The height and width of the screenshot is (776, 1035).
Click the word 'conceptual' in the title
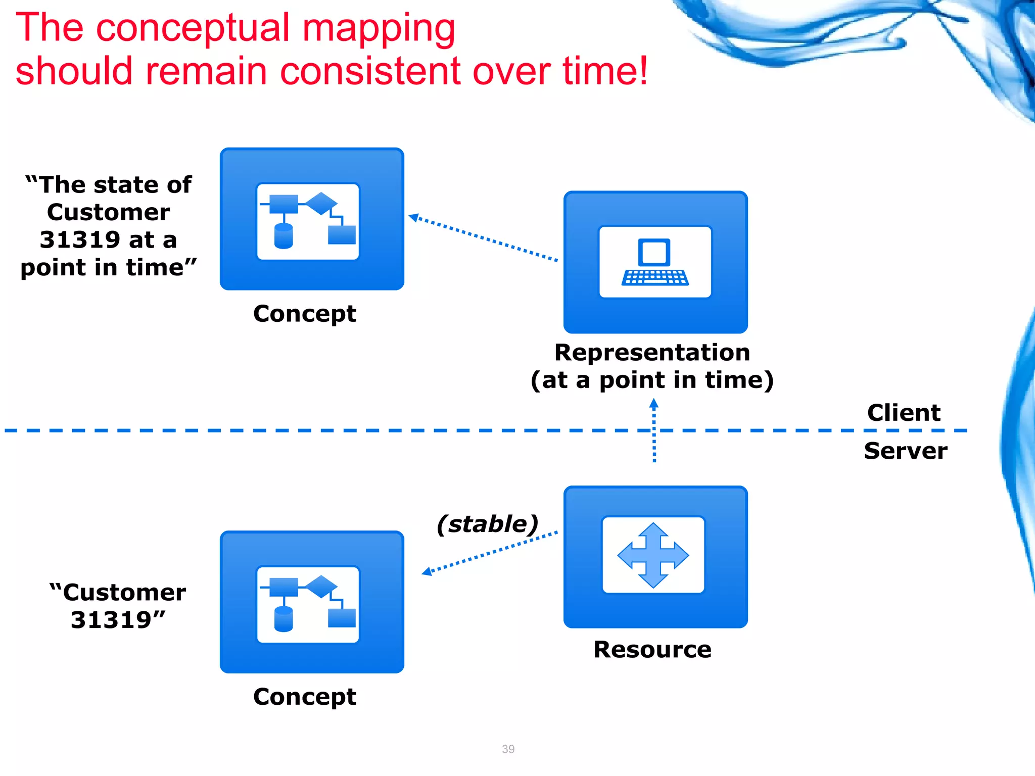[192, 29]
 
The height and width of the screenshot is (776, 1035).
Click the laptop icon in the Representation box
[655, 262]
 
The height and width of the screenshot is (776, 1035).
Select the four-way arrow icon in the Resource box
[653, 555]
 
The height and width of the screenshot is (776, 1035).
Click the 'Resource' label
[652, 649]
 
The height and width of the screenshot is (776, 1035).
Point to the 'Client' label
[904, 413]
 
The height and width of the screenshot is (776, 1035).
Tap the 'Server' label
[906, 451]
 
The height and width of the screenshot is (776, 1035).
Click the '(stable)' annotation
[488, 524]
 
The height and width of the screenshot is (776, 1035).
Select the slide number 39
[508, 749]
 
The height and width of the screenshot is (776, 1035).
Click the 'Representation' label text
[652, 352]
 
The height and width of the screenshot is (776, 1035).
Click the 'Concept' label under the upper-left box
[305, 314]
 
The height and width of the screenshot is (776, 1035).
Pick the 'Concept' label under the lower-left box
[305, 697]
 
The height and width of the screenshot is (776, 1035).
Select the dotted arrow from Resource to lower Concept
[490, 552]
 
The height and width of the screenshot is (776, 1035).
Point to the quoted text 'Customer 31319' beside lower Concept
[118, 606]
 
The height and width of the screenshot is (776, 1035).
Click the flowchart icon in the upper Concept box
[308, 221]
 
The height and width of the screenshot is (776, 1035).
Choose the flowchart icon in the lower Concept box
[308, 604]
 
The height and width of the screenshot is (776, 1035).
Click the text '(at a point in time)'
[652, 380]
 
